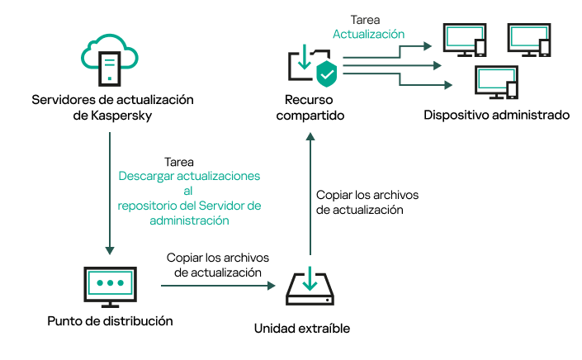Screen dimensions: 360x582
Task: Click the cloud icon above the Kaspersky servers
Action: click(x=111, y=57)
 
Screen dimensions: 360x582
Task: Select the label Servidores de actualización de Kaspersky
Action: click(x=111, y=107)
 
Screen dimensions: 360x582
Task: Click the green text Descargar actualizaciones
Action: click(x=189, y=177)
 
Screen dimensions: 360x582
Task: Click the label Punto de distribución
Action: click(x=111, y=320)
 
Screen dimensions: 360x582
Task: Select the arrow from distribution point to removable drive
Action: click(x=216, y=287)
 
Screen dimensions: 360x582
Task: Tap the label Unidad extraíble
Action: click(x=301, y=329)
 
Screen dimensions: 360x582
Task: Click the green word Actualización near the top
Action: click(x=368, y=35)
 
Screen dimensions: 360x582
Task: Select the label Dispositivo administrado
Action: click(x=496, y=115)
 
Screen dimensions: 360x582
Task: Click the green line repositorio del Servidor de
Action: click(x=189, y=206)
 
